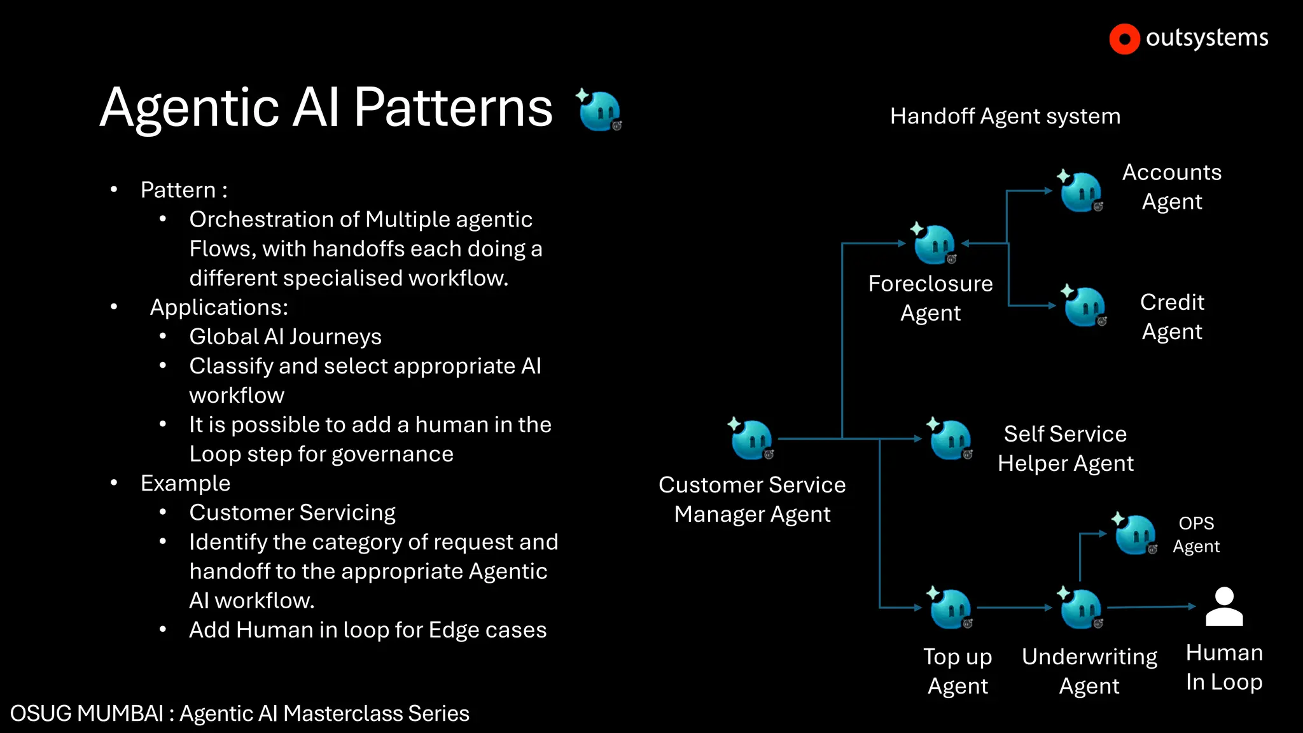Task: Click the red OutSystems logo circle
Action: tap(1124, 39)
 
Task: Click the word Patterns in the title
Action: tap(453, 108)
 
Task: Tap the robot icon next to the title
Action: tap(599, 110)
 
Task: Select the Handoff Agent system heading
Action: tap(1005, 116)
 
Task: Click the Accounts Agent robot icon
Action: tap(1080, 191)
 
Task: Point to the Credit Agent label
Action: tap(1172, 316)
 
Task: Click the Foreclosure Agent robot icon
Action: tap(934, 244)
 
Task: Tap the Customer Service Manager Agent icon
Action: tap(751, 439)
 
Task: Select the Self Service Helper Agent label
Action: tap(1065, 448)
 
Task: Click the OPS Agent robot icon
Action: tap(1135, 534)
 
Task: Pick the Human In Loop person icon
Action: tap(1223, 607)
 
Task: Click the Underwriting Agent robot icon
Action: tap(1080, 608)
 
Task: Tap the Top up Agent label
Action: tap(958, 671)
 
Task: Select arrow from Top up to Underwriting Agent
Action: tap(1014, 608)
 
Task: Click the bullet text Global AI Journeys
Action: tap(285, 337)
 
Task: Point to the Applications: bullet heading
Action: tap(219, 307)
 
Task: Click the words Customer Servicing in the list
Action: tap(292, 513)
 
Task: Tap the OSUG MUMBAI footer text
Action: tap(239, 713)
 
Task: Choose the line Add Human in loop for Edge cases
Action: tap(368, 630)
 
